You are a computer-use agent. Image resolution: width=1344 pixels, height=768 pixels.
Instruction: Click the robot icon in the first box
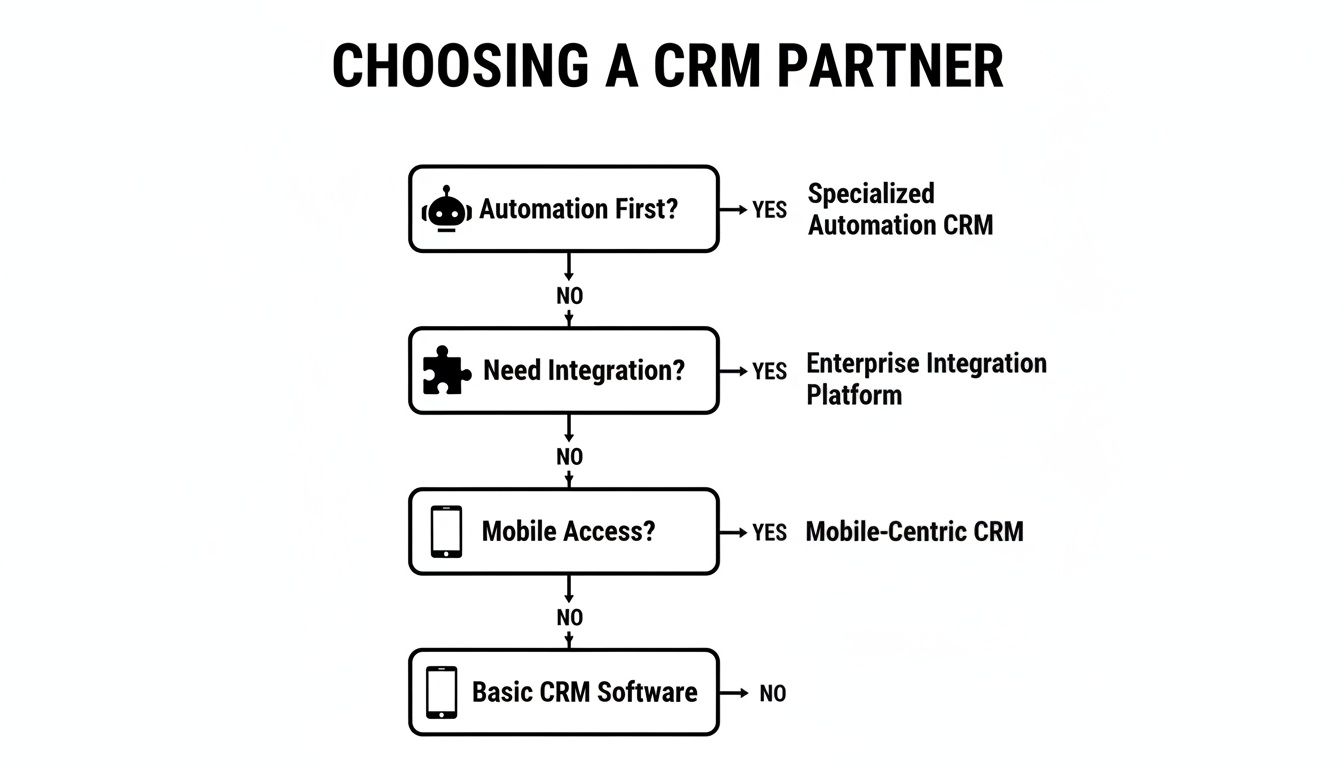point(446,210)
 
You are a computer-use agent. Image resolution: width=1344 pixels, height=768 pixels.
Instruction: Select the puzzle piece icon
point(446,371)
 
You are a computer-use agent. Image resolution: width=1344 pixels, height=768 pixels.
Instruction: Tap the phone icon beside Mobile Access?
point(446,531)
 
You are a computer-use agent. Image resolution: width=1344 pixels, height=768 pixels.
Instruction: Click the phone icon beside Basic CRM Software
point(441,692)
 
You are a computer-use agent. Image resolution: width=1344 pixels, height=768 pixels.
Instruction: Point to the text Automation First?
point(578,209)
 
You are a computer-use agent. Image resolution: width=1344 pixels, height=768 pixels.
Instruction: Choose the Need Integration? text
point(584,371)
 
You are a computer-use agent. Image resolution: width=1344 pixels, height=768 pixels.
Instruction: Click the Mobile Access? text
point(568,531)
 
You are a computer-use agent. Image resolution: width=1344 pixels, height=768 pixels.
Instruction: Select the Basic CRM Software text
point(584,692)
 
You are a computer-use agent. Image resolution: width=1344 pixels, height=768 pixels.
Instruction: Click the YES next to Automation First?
point(769,210)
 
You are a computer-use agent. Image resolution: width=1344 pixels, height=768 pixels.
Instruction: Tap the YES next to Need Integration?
point(769,371)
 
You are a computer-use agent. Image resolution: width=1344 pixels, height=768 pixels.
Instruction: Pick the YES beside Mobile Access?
point(769,532)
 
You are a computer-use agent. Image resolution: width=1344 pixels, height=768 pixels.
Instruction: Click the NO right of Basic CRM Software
point(772,693)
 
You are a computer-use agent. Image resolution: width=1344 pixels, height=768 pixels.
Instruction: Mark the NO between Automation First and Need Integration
point(569,296)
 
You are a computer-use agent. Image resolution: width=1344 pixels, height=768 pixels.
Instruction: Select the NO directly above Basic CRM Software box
point(569,618)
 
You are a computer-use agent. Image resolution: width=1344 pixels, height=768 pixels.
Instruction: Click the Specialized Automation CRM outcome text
point(900,209)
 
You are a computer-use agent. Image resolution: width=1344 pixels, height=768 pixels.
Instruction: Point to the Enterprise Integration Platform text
point(926,379)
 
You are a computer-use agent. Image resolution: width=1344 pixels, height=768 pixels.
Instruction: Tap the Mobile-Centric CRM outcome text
point(914,532)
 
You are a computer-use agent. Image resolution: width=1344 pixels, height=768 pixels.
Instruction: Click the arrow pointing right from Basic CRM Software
point(735,693)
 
